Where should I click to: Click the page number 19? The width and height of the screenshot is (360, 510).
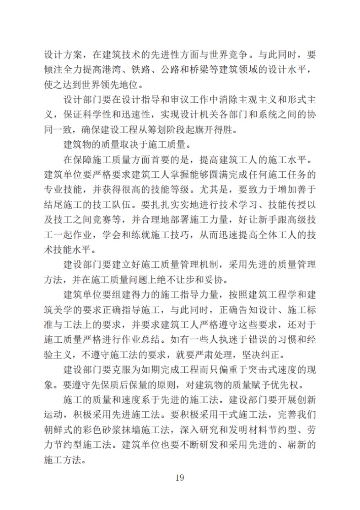pos(179,478)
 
